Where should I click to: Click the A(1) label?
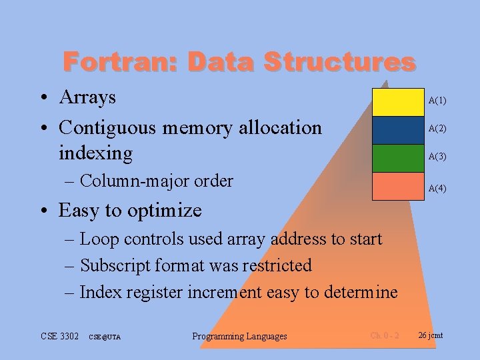pyautogui.click(x=437, y=101)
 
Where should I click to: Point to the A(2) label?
pyautogui.click(x=437, y=128)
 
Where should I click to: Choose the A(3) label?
pyautogui.click(x=437, y=157)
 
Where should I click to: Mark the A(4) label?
pyautogui.click(x=437, y=189)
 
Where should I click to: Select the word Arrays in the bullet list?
pyautogui.click(x=87, y=97)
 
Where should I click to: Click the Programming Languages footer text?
pyautogui.click(x=239, y=336)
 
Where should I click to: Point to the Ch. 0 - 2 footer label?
pyautogui.click(x=385, y=335)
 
